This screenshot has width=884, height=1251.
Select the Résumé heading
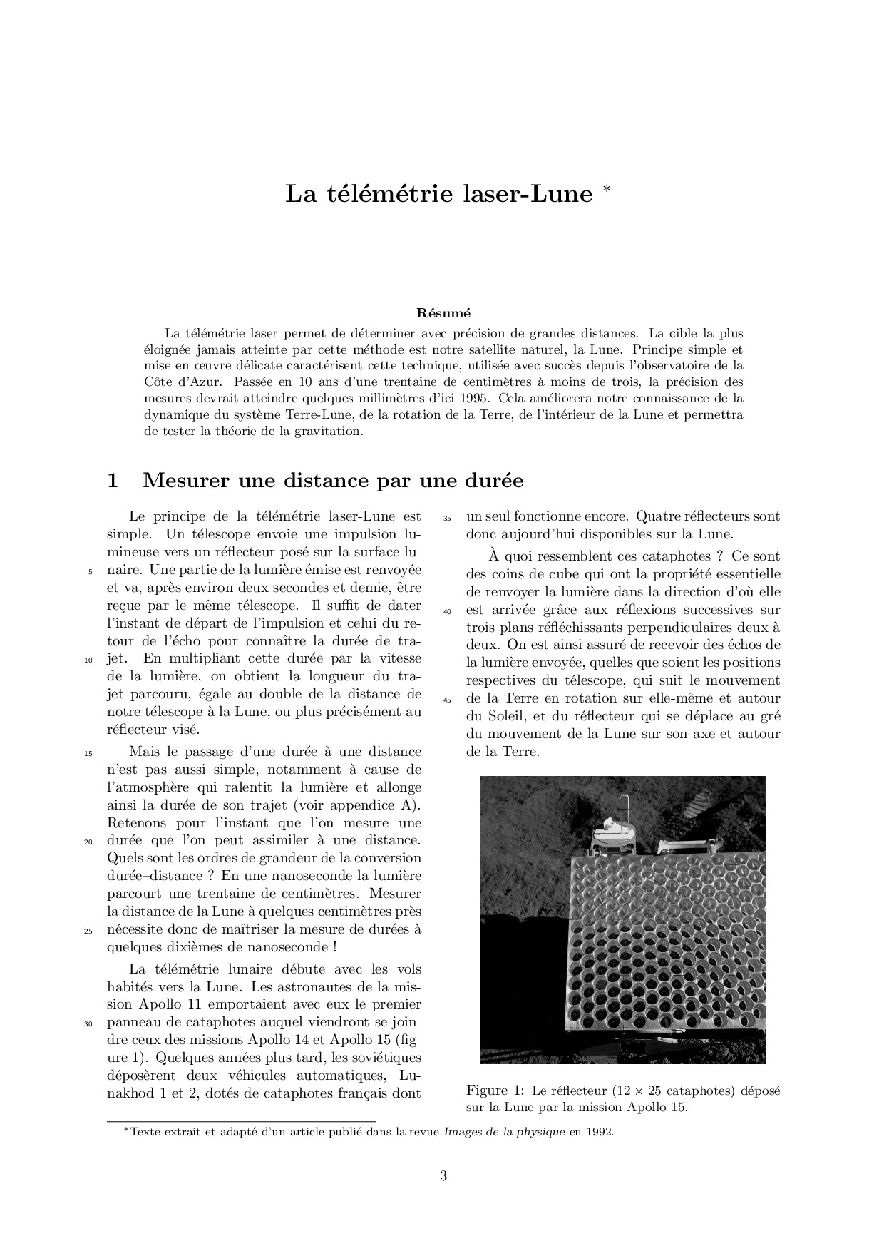tap(443, 312)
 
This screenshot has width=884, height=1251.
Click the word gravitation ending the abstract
tap(327, 432)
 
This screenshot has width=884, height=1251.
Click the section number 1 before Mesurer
tap(112, 481)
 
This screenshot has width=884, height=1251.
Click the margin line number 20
tap(89, 842)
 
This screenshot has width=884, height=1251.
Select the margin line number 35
tap(448, 518)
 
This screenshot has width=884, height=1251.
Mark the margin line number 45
tap(448, 700)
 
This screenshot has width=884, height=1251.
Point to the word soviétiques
tap(386, 1057)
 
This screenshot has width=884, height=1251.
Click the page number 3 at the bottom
tap(443, 1176)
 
